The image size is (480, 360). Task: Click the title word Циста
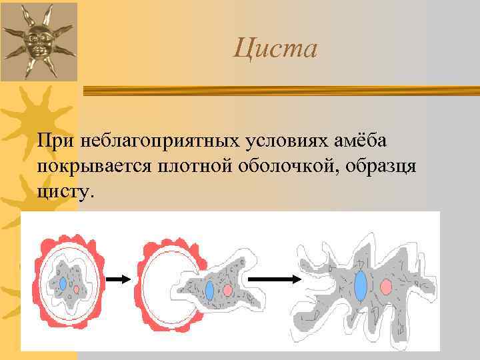tap(276, 49)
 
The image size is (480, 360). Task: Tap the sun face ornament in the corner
tap(39, 41)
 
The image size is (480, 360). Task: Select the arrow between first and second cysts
tap(120, 281)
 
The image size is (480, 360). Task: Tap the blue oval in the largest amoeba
tap(361, 286)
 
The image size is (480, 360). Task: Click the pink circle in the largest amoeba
tap(385, 287)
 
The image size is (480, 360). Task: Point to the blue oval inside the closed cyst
tap(63, 283)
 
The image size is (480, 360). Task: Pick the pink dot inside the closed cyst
tap(77, 290)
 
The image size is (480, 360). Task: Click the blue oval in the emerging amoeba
tap(209, 291)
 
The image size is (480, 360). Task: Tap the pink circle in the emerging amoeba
tap(228, 291)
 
